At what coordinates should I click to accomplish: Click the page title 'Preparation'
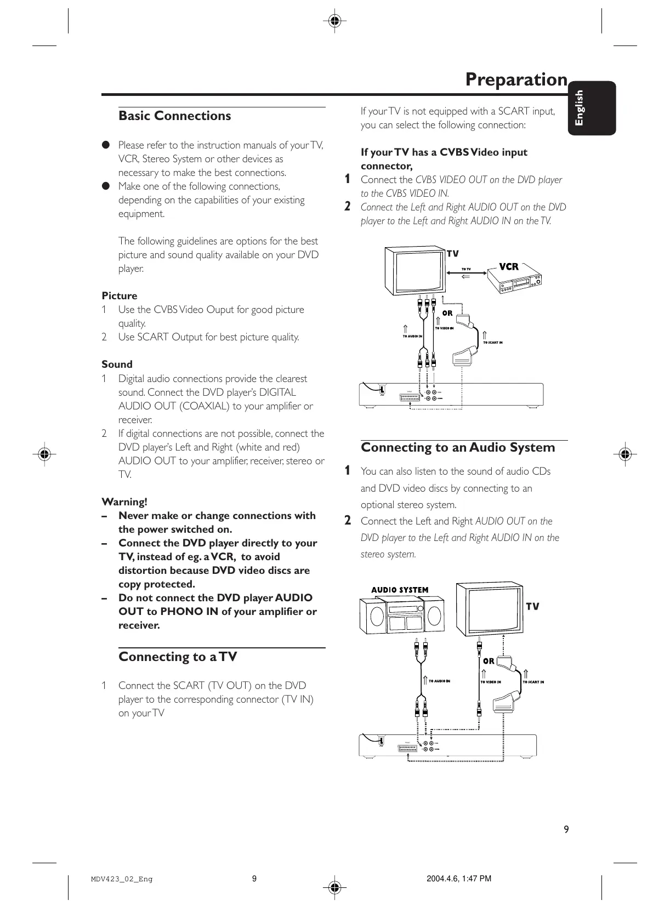(516, 80)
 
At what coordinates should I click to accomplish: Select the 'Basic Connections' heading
(174, 116)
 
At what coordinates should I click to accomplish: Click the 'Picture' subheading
(119, 296)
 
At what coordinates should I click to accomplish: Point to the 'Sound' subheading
(117, 364)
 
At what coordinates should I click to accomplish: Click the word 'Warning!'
(124, 502)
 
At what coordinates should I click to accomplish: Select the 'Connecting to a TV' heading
(178, 657)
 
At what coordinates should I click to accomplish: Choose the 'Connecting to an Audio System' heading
(457, 448)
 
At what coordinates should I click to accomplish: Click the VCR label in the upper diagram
(508, 267)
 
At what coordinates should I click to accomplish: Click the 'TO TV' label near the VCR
(466, 269)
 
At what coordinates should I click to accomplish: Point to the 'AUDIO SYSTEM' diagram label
(400, 590)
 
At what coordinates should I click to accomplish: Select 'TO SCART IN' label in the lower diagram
(533, 682)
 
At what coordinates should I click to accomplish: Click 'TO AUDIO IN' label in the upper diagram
(412, 336)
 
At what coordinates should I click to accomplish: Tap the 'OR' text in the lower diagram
(488, 661)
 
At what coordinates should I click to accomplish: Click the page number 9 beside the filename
(254, 879)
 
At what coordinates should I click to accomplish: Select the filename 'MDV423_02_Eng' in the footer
(122, 879)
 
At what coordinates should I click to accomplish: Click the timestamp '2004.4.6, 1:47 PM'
(458, 879)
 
